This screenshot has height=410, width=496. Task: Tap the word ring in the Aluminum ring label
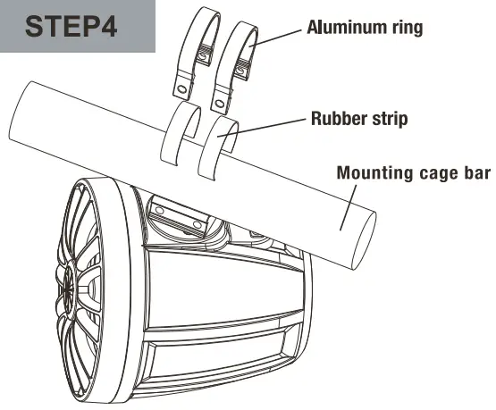403,27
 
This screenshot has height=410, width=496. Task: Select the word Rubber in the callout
340,118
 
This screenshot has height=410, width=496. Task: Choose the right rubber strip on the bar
219,138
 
